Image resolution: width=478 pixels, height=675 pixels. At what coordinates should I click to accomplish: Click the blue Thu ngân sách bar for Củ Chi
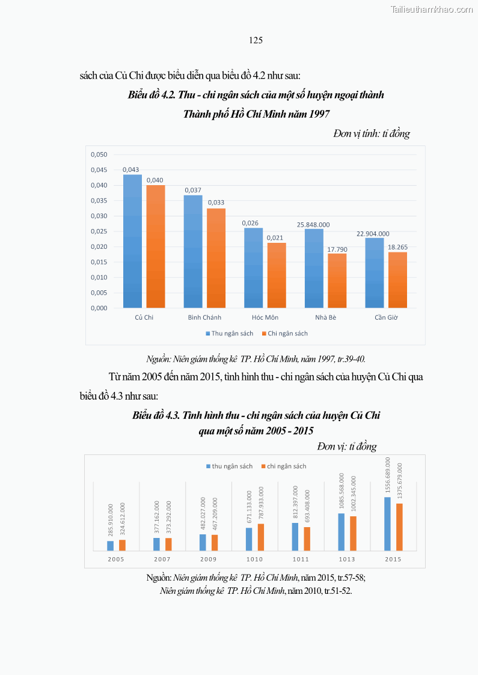tap(132, 241)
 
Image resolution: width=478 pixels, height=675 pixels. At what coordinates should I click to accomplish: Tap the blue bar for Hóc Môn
tap(253, 267)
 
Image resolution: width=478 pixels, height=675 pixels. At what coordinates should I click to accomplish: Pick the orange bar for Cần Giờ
tap(397, 279)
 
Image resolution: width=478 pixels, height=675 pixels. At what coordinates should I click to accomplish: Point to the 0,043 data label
tap(131, 170)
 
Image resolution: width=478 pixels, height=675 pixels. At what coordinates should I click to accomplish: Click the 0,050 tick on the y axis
tap(99, 155)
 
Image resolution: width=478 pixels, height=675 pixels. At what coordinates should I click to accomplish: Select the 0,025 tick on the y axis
tap(99, 231)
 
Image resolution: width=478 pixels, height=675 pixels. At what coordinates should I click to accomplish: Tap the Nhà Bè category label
tap(325, 317)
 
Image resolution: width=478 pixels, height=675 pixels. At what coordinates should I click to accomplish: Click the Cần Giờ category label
tap(386, 317)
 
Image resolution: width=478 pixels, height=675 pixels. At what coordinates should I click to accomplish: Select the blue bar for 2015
tap(387, 524)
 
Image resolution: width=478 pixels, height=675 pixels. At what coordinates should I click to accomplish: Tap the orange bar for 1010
tap(261, 537)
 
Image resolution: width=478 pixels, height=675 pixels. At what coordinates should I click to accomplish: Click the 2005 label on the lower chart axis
tap(116, 559)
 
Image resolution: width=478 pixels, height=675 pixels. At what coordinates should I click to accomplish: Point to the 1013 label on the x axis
tap(347, 559)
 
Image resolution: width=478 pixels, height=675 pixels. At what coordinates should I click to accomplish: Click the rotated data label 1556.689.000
tap(388, 475)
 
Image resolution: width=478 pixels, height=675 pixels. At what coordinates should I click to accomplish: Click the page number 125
tap(256, 40)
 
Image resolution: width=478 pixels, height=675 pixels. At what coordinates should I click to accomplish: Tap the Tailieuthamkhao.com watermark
tap(432, 9)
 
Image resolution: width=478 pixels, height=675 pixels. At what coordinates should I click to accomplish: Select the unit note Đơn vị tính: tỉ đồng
tap(372, 134)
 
